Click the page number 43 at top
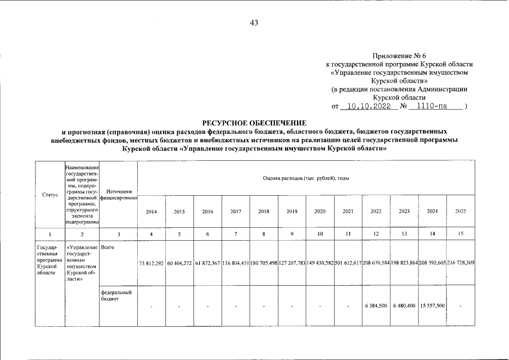[x=254, y=23]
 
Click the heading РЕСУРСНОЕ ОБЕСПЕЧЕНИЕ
[x=254, y=122]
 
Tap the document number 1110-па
[x=430, y=106]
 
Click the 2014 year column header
[x=151, y=211]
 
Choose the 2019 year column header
[x=292, y=211]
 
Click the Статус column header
[x=50, y=195]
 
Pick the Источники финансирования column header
[x=119, y=195]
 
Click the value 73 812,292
[x=151, y=263]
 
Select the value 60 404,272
[x=180, y=263]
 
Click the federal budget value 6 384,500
[x=376, y=305]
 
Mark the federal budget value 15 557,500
[x=433, y=305]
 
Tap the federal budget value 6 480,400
[x=404, y=305]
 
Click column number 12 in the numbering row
[x=376, y=233]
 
